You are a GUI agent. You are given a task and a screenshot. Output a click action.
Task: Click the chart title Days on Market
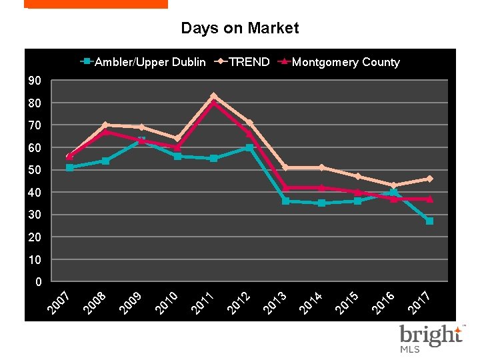tap(240, 28)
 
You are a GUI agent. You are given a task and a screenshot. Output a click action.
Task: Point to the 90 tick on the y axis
tap(35, 81)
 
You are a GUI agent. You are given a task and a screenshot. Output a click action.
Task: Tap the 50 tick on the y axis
tap(35, 170)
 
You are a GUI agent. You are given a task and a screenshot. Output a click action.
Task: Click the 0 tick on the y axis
tap(38, 281)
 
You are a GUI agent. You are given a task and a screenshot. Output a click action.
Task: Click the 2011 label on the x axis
tap(203, 303)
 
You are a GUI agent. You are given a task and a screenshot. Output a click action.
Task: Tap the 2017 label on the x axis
tap(419, 303)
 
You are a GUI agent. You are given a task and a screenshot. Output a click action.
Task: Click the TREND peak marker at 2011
tap(213, 96)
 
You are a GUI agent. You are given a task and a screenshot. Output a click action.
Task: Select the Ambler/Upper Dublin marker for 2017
tap(429, 221)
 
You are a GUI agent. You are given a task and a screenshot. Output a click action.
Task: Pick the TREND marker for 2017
tap(429, 179)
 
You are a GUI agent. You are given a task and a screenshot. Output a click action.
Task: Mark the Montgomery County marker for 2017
tap(429, 199)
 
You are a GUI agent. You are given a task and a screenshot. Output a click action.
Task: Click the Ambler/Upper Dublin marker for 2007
tap(69, 167)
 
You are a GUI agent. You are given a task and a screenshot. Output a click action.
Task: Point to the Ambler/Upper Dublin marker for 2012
tap(249, 147)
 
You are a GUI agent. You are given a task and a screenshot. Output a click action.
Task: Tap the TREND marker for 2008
tap(105, 125)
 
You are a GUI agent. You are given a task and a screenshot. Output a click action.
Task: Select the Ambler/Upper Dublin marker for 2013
tap(285, 201)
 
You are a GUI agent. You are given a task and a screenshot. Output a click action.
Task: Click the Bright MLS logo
tap(430, 338)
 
